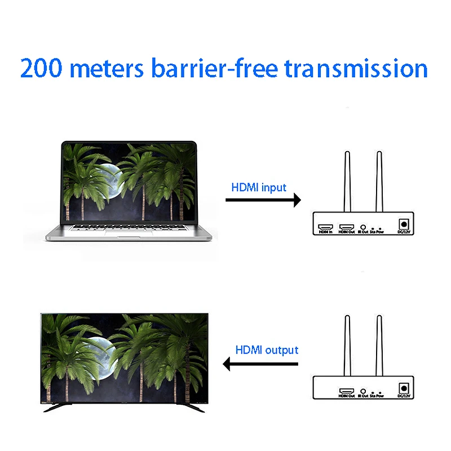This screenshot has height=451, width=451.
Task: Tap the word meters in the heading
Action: coord(110,68)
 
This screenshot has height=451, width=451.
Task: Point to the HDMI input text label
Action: coord(259,187)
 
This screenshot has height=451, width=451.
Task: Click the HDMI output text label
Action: coord(267,350)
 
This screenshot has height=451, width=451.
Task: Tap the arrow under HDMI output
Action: coord(260,364)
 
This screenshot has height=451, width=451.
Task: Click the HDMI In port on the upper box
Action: coord(325,225)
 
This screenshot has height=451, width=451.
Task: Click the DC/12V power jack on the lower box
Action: coord(404,388)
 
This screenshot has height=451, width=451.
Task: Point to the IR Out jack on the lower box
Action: coord(364,390)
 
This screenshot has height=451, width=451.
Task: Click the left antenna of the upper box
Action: coord(348,180)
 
